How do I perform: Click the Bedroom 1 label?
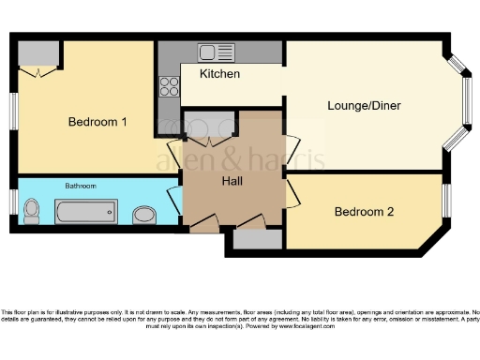(97, 122)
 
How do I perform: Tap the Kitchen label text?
(220, 73)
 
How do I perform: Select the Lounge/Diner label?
(364, 105)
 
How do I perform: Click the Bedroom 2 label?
(364, 211)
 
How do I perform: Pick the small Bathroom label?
(80, 186)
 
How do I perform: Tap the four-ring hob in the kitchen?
(170, 86)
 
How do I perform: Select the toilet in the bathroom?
(32, 211)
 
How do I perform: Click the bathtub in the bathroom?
(84, 211)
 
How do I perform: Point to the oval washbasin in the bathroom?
(143, 215)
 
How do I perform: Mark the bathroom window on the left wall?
(13, 202)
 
